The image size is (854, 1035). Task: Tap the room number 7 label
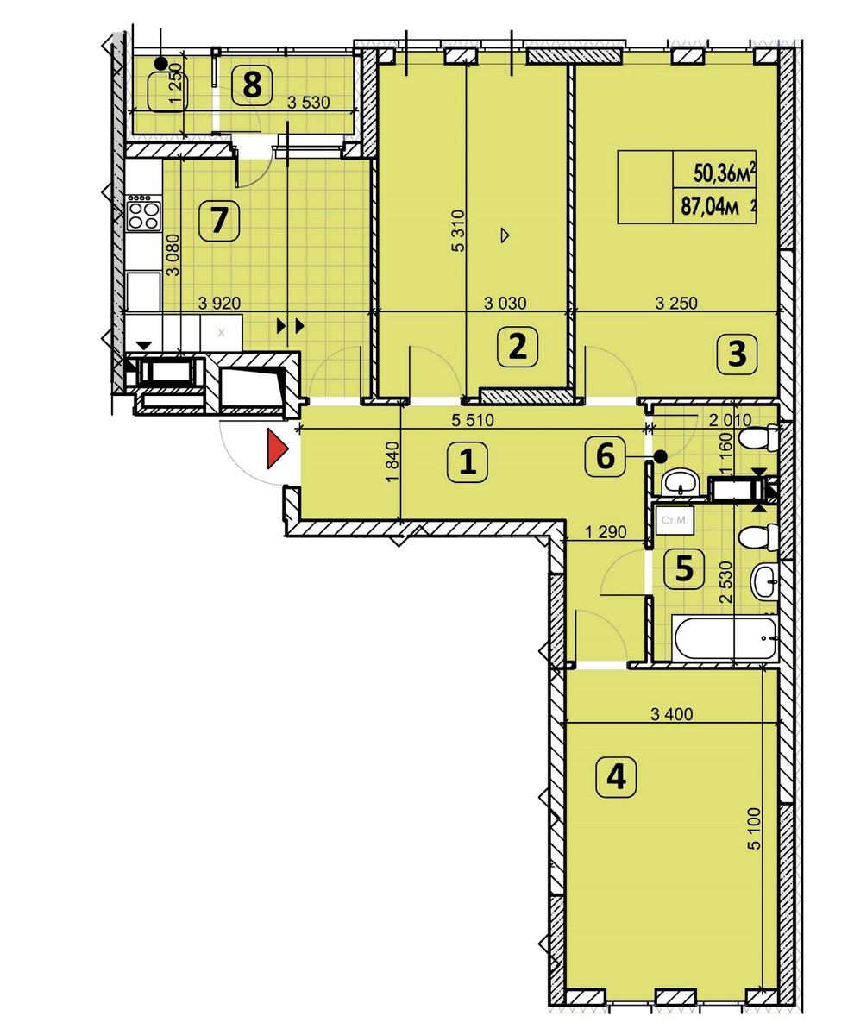coord(219,221)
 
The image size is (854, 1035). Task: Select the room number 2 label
coord(518,346)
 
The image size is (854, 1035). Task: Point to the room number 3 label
coord(737,354)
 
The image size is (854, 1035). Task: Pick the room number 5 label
coord(684,568)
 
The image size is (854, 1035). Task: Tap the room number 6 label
coord(605,456)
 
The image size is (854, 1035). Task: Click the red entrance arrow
coord(277,449)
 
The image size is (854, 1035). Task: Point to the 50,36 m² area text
coord(725,173)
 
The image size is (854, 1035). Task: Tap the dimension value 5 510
coord(472,420)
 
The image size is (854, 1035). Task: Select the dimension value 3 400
coord(671,714)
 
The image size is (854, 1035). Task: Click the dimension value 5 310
coord(459,231)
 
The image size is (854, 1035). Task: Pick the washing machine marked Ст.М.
coord(674,521)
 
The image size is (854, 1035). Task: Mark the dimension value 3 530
coord(309,103)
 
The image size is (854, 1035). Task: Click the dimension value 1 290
coord(606,532)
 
